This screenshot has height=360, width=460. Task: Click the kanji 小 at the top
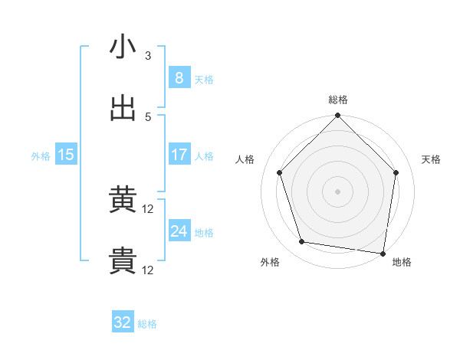(x=123, y=47)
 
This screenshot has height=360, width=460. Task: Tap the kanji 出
(x=123, y=108)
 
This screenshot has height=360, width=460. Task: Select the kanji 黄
(x=123, y=201)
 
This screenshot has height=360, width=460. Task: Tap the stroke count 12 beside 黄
(x=149, y=209)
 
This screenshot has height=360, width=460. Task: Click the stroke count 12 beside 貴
(x=149, y=270)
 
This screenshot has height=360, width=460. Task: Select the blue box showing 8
(x=179, y=78)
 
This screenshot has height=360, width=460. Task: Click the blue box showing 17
(x=179, y=155)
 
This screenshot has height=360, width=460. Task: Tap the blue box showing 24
(x=179, y=231)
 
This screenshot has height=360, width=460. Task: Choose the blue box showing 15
(x=66, y=155)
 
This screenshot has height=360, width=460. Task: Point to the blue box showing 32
(x=123, y=322)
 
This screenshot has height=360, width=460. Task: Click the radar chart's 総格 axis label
(x=338, y=100)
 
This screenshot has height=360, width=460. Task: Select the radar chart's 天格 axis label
(x=432, y=159)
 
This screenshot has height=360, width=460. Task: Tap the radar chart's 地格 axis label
(x=402, y=263)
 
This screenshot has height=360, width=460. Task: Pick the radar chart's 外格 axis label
(x=270, y=263)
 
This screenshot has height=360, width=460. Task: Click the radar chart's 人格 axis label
(x=246, y=159)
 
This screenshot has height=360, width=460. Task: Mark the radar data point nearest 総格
(x=338, y=116)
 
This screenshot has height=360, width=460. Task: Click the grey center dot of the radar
(x=338, y=191)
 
